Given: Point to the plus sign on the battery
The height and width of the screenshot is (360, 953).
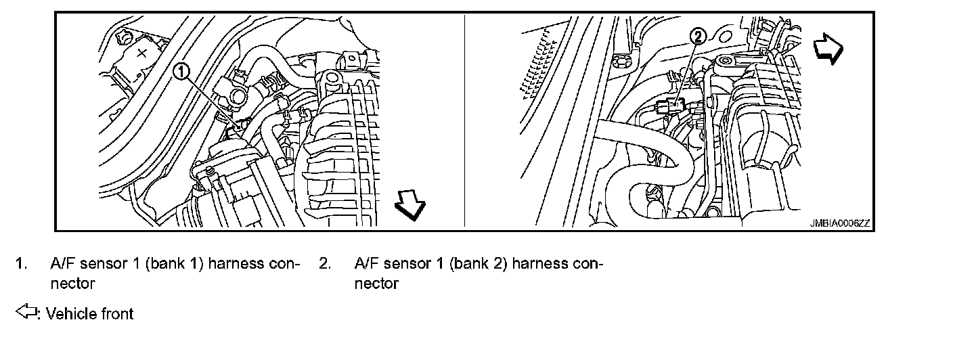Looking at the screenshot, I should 141,52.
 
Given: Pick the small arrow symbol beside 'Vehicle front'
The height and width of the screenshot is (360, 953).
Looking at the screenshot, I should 26,313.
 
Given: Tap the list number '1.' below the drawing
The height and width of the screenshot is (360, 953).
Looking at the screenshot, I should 22,263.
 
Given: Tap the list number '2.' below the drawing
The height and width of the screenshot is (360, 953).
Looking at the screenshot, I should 325,263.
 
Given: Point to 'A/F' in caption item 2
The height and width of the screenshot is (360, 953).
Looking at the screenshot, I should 367,263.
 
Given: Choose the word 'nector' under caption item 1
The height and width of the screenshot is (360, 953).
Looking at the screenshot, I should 72,283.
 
